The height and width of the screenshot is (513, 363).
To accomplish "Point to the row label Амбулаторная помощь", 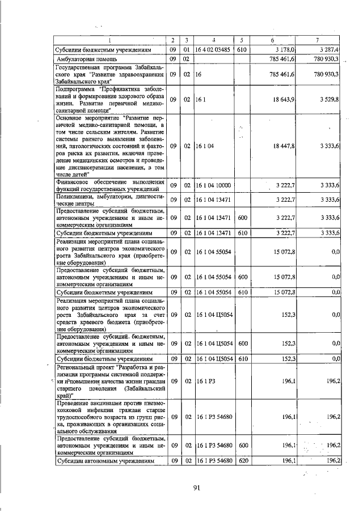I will (x=87, y=58).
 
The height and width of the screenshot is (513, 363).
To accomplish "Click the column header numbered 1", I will (x=111, y=40).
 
